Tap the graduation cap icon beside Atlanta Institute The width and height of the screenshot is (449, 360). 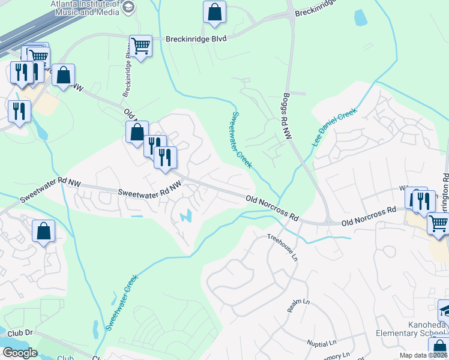coord(128,7)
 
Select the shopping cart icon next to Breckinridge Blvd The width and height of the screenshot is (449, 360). coord(140,46)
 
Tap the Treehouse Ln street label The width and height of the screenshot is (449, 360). coord(282,247)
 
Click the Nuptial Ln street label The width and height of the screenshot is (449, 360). coord(322,344)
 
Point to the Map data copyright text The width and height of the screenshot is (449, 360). coord(424,356)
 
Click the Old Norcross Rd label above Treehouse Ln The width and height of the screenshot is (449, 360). coord(272,207)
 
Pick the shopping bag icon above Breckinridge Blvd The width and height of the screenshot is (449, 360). coord(214,13)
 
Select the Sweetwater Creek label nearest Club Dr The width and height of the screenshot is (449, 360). coord(122,302)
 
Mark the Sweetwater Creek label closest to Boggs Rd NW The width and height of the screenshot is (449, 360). coord(241,139)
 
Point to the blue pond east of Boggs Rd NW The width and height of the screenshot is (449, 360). coord(360,18)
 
